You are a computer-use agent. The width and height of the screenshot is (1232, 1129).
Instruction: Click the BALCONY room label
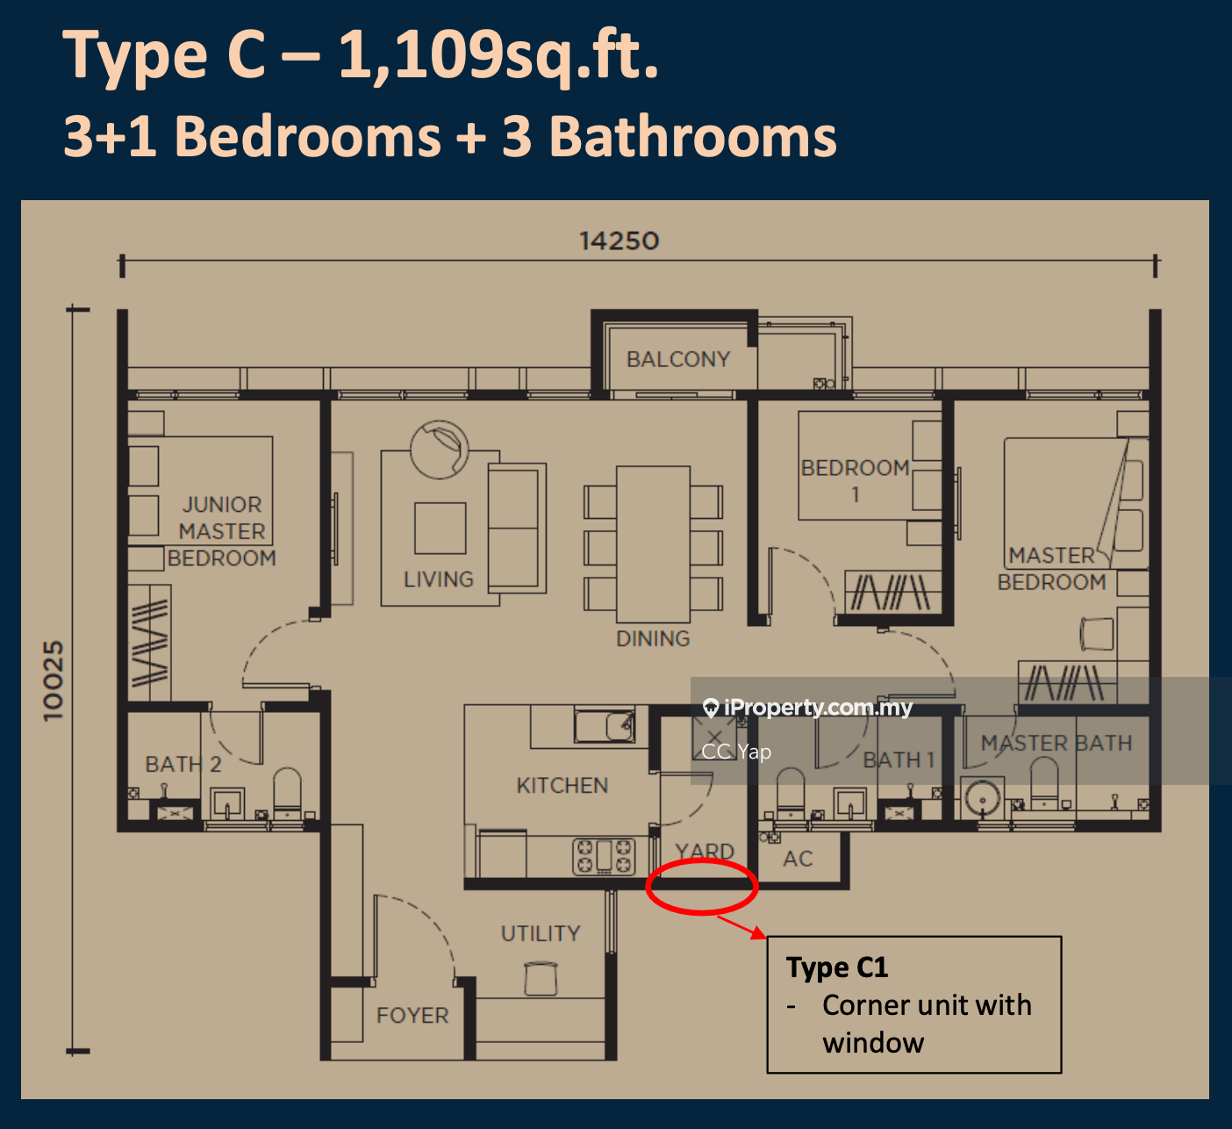point(678,359)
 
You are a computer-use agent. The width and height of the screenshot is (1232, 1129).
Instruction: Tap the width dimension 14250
point(619,241)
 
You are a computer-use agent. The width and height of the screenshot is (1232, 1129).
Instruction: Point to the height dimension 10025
point(54,681)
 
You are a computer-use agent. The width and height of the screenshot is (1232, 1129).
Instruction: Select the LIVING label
point(439,579)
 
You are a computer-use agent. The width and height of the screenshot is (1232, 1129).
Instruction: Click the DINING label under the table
point(653,638)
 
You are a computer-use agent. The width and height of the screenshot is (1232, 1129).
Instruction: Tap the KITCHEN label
point(562,785)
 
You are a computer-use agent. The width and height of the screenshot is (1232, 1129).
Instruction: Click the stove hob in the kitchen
point(604,856)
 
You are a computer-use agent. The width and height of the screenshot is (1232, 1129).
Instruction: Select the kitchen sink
point(605,724)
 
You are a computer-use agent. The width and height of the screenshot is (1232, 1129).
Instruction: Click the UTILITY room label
point(541,933)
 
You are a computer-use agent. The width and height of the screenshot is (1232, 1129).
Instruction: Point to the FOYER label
point(412,1015)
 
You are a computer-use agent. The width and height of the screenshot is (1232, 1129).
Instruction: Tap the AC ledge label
point(798,859)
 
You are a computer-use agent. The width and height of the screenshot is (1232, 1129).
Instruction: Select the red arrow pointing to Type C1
point(741,927)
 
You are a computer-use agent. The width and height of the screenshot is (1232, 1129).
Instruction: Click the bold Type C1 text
point(837,967)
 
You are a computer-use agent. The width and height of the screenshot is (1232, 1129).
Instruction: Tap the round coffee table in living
point(439,449)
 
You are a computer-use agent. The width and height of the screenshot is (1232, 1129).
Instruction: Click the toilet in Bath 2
point(287,791)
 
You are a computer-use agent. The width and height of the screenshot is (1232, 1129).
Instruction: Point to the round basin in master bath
point(982,799)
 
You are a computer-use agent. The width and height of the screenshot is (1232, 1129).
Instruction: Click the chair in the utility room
point(541,978)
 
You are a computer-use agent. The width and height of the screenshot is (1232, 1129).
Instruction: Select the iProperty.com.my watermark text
point(818,708)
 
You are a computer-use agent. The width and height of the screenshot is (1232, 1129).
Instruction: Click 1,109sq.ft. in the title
point(498,56)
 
